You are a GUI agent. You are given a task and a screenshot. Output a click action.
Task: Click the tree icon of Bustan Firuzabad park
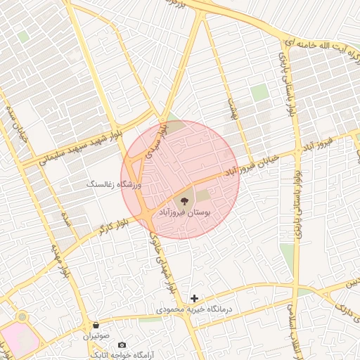point(185,200)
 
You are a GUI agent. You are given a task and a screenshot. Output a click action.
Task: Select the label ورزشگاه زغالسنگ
point(114,184)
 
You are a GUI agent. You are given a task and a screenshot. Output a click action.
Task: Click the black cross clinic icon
point(195,298)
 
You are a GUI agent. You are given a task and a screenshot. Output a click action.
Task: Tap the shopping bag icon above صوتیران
point(96,325)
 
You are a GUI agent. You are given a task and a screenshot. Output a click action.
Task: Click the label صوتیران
point(98,335)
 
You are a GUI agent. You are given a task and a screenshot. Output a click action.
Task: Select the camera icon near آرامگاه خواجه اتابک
point(122,345)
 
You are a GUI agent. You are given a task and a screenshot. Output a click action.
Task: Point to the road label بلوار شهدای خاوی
point(160,264)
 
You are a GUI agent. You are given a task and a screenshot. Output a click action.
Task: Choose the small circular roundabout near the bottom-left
point(23,317)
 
